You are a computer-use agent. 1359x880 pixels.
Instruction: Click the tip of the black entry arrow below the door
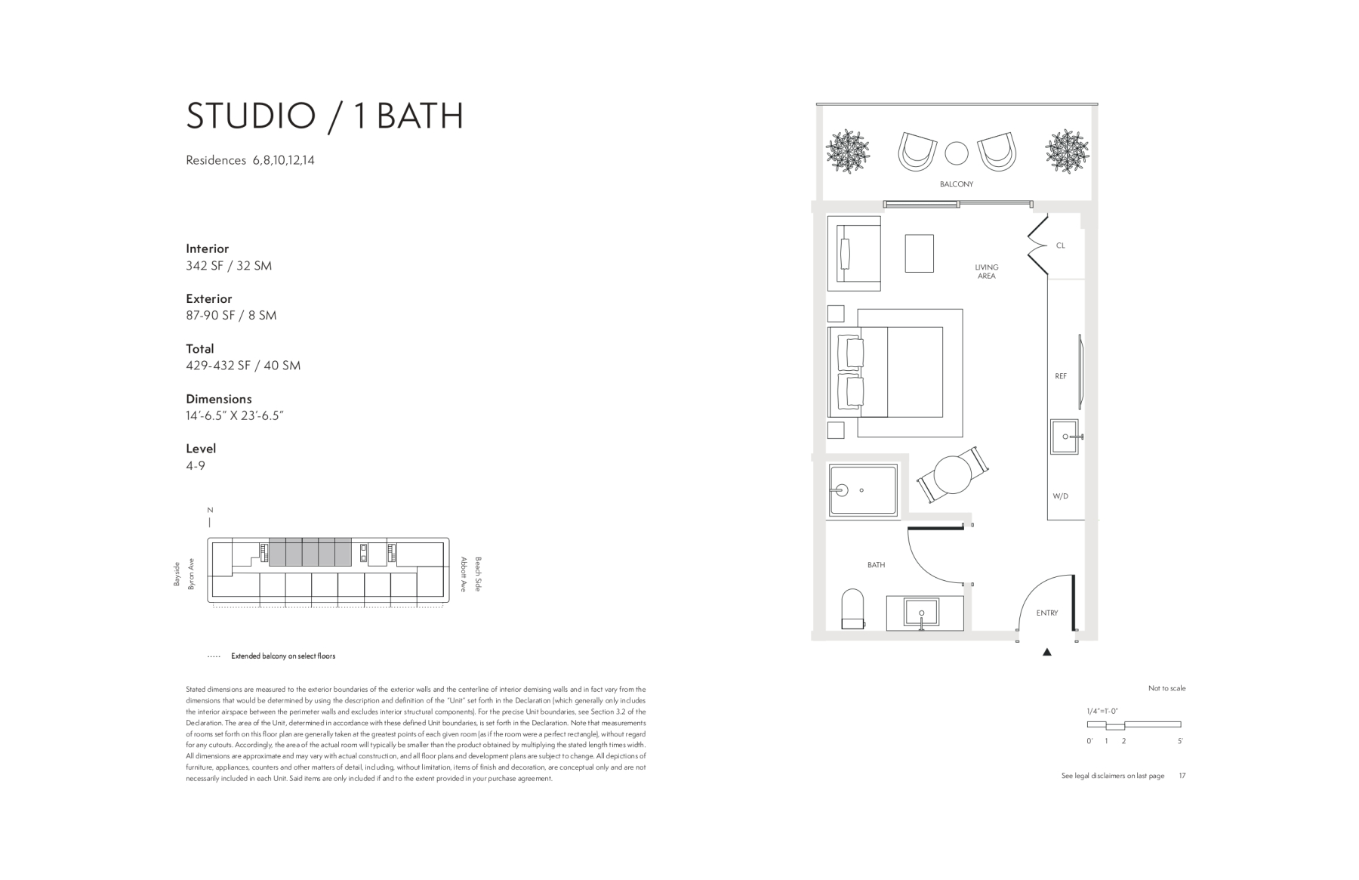pos(1047,648)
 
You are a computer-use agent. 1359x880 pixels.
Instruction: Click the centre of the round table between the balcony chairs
pos(957,153)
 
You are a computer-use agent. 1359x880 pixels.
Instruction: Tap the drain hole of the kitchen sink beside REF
pos(1065,437)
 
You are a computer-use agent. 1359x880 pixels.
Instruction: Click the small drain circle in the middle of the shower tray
pos(861,490)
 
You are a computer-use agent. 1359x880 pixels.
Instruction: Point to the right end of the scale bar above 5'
pos(1181,725)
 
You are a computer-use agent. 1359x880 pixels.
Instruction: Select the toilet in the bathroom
pos(853,609)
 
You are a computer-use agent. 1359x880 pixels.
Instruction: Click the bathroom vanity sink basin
pos(921,613)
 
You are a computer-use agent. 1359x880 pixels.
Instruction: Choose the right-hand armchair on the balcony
pos(997,152)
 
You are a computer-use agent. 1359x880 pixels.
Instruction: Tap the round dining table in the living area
pos(953,474)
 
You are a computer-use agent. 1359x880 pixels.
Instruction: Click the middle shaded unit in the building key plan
pos(310,552)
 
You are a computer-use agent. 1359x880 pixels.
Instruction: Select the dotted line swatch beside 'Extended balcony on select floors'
pos(214,656)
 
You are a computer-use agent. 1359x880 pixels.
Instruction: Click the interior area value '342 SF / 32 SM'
pos(229,266)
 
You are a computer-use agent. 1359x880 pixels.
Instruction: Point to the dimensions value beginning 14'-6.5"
pos(235,415)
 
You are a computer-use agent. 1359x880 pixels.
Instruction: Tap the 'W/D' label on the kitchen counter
pos(1061,496)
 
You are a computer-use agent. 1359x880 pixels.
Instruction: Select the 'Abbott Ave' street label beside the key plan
pos(464,574)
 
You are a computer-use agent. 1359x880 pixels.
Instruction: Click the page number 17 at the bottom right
pos(1182,776)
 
